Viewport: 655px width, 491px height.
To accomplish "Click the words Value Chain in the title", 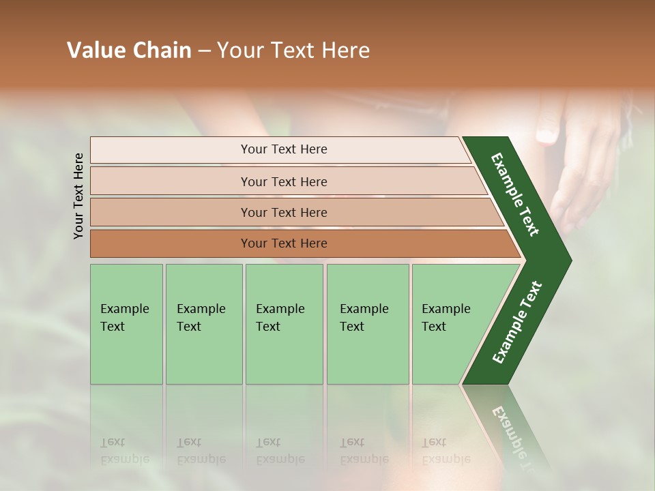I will click(x=129, y=50).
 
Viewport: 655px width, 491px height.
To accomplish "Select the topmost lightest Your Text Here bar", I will click(x=283, y=149).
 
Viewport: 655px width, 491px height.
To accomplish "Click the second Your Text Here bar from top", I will click(x=283, y=181).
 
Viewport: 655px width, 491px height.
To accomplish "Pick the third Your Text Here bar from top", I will click(x=283, y=212).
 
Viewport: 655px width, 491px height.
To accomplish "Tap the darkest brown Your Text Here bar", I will click(x=283, y=243).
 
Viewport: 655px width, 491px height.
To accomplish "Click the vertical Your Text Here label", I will click(x=79, y=196).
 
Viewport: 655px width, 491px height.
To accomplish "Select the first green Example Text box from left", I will click(x=126, y=323).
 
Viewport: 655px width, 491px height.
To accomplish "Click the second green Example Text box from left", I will click(x=203, y=323).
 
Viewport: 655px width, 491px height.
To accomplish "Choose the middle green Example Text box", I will click(x=284, y=323).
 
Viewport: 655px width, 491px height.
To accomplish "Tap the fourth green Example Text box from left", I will click(x=367, y=323).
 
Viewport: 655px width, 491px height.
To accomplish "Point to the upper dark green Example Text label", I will click(x=515, y=194).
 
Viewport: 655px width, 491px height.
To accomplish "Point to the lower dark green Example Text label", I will click(x=516, y=322).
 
